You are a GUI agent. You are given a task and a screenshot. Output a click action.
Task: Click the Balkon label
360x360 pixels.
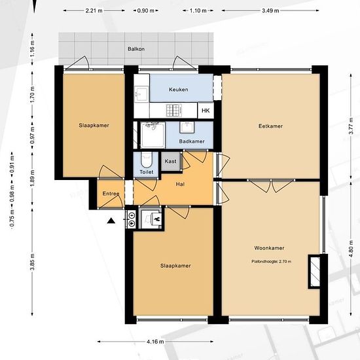(136, 49)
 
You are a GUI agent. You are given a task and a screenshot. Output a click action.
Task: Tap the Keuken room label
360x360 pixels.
(179, 90)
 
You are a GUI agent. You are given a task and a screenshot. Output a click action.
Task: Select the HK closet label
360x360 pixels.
(206, 111)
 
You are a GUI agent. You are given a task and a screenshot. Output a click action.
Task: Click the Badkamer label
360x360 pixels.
(192, 141)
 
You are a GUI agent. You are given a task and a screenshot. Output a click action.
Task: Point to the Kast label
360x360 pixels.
(170, 161)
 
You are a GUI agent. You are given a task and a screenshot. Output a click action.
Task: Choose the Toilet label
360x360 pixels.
(147, 171)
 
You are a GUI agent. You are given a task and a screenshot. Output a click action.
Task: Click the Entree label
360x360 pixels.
(111, 194)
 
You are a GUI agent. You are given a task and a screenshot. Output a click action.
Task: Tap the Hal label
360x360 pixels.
(180, 184)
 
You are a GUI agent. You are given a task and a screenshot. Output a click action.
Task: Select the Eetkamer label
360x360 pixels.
(270, 126)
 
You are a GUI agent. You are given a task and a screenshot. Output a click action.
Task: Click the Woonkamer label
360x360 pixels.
(269, 248)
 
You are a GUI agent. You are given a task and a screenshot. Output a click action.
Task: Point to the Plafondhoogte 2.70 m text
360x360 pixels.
(272, 261)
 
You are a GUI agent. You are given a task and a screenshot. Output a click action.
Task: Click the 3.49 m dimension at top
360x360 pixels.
(270, 10)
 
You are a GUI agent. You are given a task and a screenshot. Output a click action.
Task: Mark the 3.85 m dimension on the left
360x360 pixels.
(32, 262)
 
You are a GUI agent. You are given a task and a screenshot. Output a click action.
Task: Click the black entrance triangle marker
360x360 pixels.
(111, 221)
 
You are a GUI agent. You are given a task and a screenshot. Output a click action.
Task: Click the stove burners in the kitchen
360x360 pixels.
(174, 110)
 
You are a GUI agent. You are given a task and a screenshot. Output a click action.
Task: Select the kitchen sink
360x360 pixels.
(141, 94)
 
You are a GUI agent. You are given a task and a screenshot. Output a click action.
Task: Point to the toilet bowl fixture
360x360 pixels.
(146, 160)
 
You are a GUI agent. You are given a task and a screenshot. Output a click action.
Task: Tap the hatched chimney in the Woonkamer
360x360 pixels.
(315, 272)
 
